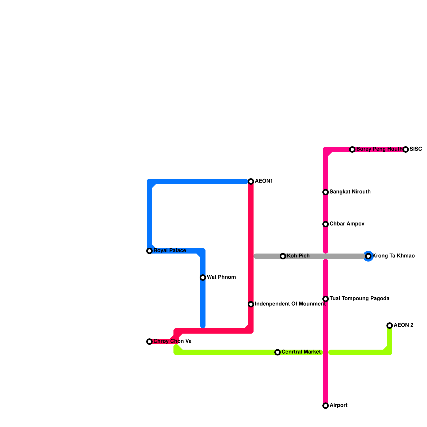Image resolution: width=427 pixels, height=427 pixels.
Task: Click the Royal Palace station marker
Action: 149,251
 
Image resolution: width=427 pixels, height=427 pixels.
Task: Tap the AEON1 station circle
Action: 251,181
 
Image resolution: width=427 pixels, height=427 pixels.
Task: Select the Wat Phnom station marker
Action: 203,278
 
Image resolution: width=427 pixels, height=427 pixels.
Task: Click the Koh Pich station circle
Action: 283,256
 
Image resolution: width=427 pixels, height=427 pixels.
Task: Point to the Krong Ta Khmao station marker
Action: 368,256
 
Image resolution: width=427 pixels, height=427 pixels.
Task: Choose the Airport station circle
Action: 326,406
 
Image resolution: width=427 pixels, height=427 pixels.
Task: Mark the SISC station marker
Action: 406,149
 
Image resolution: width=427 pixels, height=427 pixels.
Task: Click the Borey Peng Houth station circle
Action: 352,149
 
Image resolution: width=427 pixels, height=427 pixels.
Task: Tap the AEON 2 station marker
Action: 390,326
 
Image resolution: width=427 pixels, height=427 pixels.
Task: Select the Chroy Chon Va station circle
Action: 149,342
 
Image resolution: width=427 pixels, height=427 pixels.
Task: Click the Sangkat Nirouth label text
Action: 350,192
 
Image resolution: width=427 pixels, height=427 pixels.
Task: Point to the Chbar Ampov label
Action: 347,224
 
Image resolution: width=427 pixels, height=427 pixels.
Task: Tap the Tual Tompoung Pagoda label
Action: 359,299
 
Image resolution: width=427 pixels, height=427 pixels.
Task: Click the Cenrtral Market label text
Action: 301,352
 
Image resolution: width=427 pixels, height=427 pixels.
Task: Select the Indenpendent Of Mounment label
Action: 290,304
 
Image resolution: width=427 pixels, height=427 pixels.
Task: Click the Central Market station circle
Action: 278,352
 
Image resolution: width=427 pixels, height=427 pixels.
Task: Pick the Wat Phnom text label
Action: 221,277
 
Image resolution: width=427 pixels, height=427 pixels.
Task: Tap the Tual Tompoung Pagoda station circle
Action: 326,299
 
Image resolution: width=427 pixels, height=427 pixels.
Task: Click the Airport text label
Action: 338,405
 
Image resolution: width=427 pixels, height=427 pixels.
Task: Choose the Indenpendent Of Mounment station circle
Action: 251,304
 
